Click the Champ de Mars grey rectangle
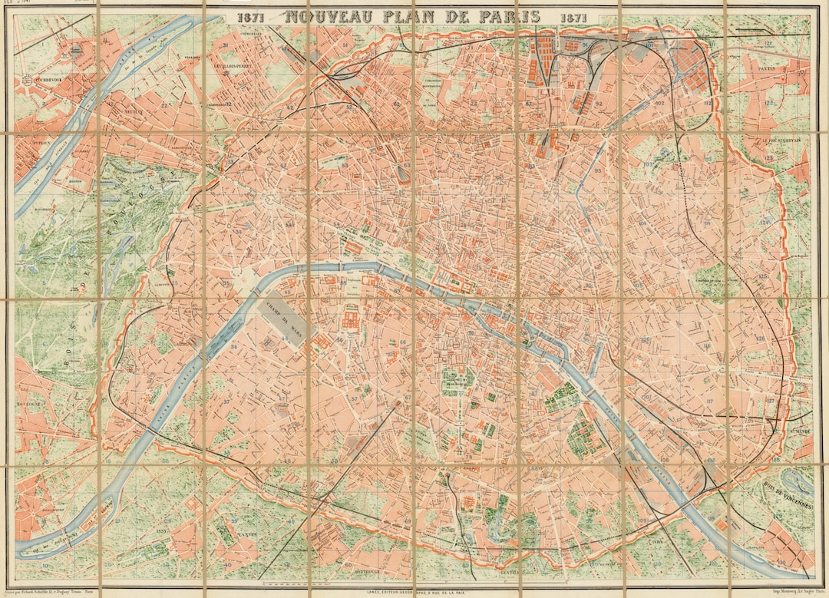pos(286,316)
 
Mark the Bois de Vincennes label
pos(790,497)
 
